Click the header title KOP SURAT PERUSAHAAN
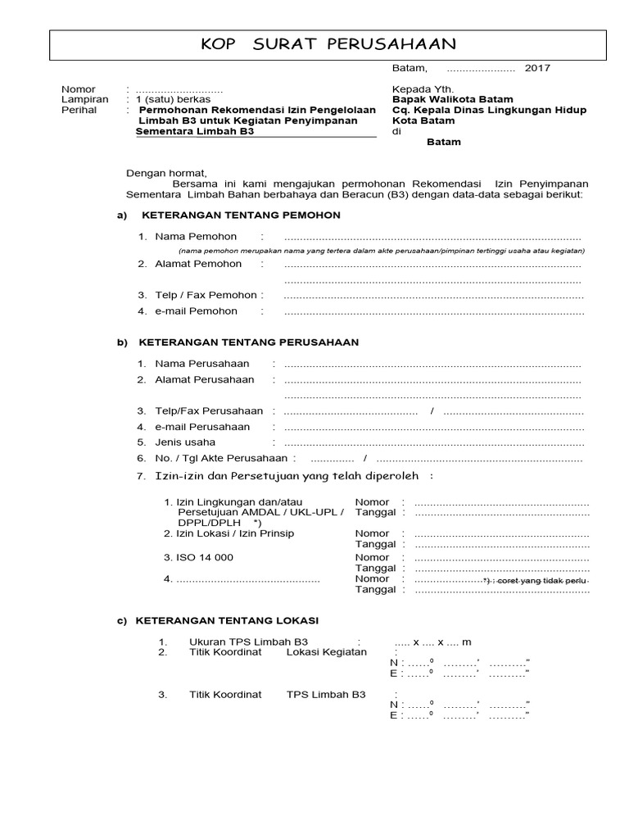(328, 44)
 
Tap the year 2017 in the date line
(537, 68)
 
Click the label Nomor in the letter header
(79, 89)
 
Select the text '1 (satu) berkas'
(173, 99)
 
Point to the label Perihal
(79, 110)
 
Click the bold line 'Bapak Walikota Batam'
(453, 99)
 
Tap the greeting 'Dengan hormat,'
(166, 173)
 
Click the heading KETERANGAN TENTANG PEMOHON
(241, 215)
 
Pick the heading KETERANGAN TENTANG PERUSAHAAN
(249, 342)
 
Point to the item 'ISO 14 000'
(204, 557)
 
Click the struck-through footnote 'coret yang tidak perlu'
(547, 581)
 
